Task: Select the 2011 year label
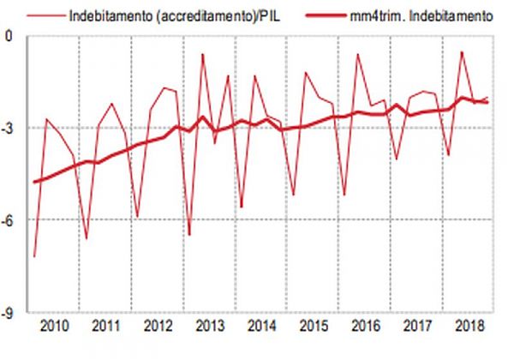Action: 105,327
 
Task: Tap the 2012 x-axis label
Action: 157,327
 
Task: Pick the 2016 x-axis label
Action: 365,327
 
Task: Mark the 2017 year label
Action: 417,327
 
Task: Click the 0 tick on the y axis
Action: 9,36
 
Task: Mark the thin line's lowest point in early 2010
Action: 34,256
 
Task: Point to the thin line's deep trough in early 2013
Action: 189,234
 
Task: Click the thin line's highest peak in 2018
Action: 462,51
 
